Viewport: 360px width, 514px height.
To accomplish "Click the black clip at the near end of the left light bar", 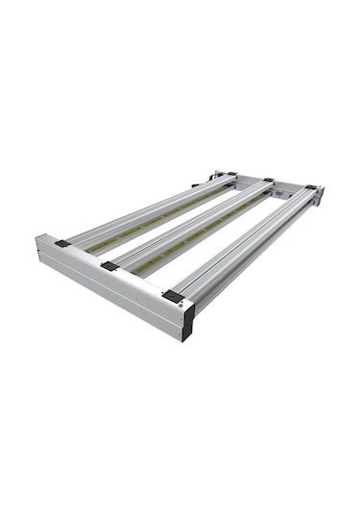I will click(x=62, y=244).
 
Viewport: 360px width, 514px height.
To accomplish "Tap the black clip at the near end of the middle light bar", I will click(x=110, y=266).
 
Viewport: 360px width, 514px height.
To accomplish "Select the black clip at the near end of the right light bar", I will click(x=174, y=296).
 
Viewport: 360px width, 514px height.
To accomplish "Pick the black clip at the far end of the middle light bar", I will click(x=269, y=180).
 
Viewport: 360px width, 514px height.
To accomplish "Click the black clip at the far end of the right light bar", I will click(x=310, y=187).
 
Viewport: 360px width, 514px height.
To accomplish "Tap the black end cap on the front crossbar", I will click(x=188, y=323).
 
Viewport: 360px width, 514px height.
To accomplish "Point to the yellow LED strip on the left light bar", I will click(x=144, y=221).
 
